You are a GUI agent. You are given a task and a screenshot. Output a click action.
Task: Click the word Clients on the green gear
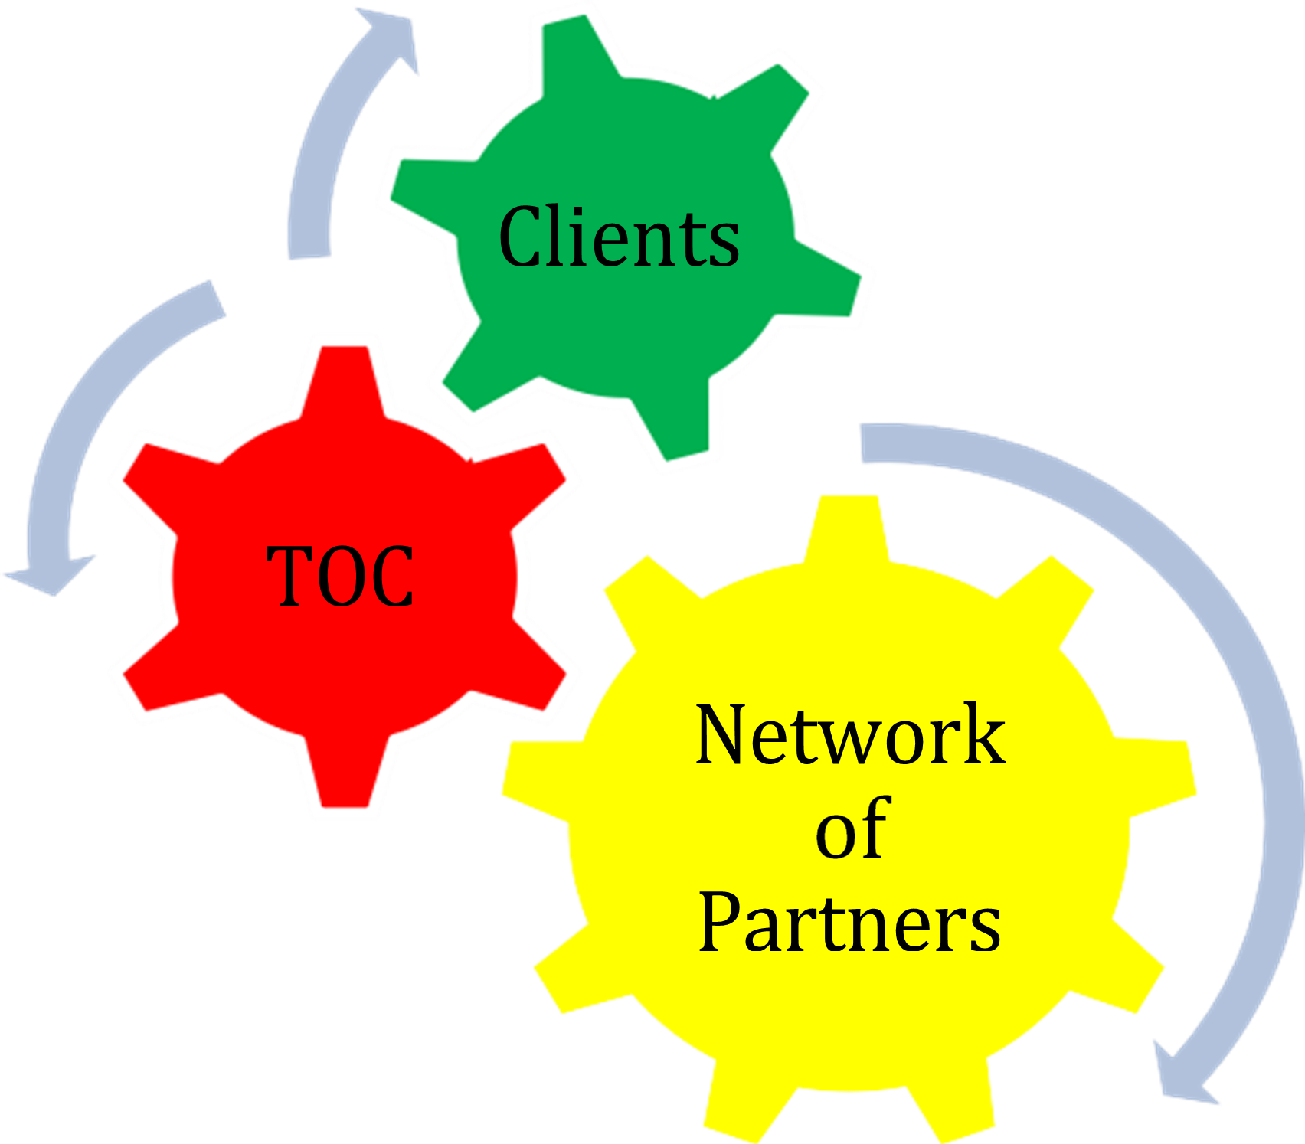click(619, 237)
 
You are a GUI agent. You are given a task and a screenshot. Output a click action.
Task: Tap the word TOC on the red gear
click(341, 576)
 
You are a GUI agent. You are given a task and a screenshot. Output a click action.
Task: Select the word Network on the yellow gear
click(850, 735)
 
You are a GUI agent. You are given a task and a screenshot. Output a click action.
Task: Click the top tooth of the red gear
click(345, 375)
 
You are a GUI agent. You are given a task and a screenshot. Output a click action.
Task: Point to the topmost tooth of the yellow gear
click(846, 528)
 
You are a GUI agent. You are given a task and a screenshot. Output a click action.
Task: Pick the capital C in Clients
click(521, 237)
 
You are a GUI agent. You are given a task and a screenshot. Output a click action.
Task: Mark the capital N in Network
click(724, 735)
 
